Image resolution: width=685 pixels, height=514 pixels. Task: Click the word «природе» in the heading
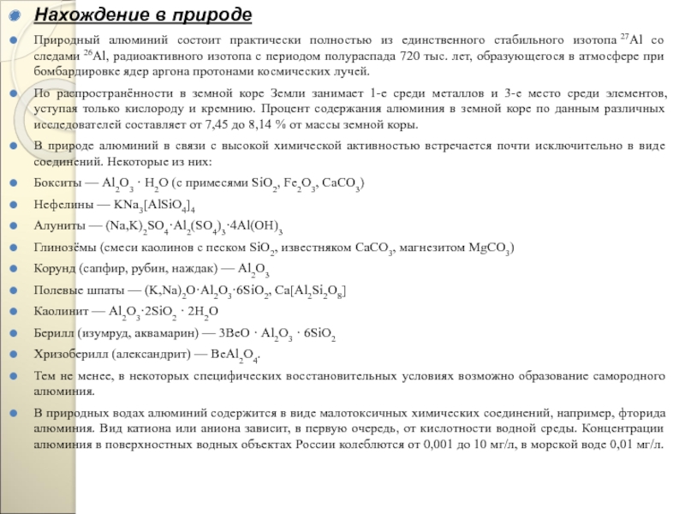pos(214,15)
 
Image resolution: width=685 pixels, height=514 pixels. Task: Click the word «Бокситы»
pos(57,183)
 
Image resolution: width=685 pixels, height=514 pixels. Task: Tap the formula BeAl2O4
pos(233,354)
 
